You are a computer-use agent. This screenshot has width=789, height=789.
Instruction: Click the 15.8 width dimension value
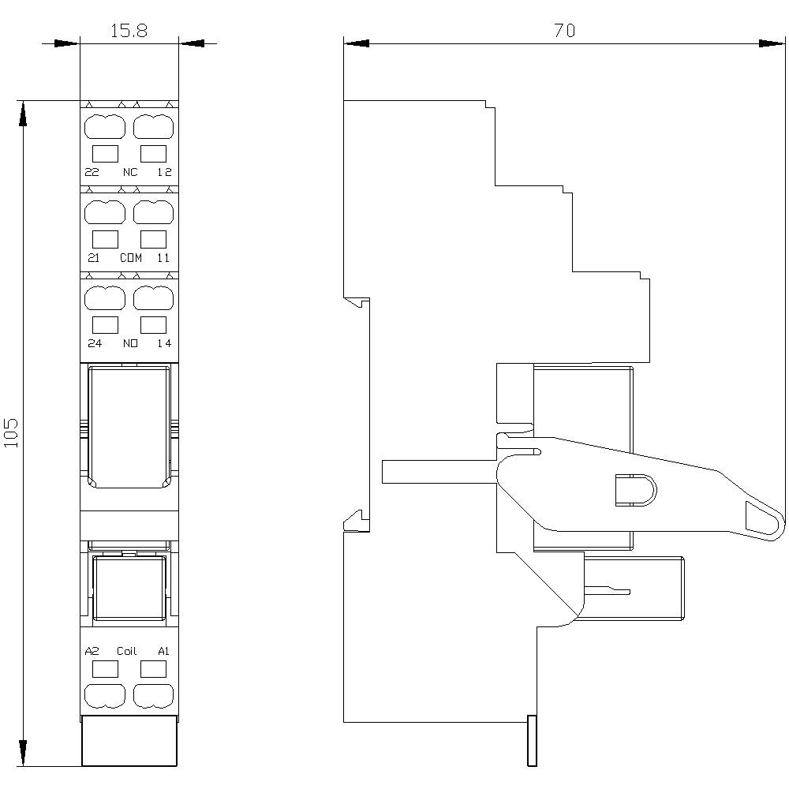coord(129,31)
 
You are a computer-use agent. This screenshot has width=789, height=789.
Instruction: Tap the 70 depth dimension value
coord(564,30)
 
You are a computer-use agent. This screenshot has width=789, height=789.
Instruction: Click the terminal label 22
coord(92,172)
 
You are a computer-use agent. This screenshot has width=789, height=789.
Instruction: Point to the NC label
coord(129,172)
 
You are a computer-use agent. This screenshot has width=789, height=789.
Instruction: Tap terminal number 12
coord(164,172)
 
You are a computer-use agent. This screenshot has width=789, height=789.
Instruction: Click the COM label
coord(130,258)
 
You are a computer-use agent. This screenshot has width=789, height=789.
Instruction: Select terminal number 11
coord(164,258)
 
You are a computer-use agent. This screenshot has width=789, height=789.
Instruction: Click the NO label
coord(129,343)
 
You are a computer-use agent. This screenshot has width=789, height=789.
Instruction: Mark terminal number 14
coord(164,343)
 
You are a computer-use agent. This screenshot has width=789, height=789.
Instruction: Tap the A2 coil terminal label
coord(92,651)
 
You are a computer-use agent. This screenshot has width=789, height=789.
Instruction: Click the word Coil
coord(127,651)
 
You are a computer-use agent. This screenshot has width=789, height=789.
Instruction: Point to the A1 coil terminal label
coord(164,651)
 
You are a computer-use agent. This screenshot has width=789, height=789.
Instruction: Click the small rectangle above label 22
coord(106,153)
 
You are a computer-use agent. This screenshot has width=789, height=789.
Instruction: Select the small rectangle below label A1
coord(153,670)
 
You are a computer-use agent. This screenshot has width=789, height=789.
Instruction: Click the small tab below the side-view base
coord(532,741)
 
